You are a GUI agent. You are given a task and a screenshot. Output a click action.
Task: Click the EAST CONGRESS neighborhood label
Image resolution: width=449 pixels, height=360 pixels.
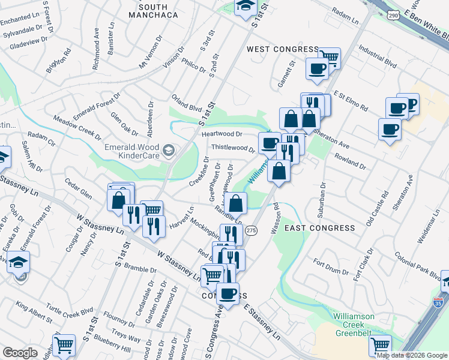[320, 228]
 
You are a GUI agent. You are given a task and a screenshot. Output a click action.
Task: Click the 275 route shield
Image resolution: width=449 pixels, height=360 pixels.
[252, 230]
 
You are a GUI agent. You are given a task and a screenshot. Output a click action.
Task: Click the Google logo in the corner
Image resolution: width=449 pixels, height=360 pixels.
[20, 353]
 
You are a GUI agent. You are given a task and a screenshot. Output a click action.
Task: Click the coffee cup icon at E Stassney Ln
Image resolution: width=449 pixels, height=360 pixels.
[228, 293]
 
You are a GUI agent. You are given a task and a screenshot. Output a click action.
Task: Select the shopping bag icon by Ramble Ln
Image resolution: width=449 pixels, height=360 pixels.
[237, 203]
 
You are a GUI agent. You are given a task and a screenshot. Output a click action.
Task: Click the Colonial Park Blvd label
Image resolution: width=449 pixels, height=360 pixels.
[417, 265]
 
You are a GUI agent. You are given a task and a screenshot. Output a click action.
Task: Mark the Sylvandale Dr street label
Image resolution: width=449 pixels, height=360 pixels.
[20, 31]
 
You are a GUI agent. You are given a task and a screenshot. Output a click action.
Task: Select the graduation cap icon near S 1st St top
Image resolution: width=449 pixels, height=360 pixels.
[244, 7]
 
